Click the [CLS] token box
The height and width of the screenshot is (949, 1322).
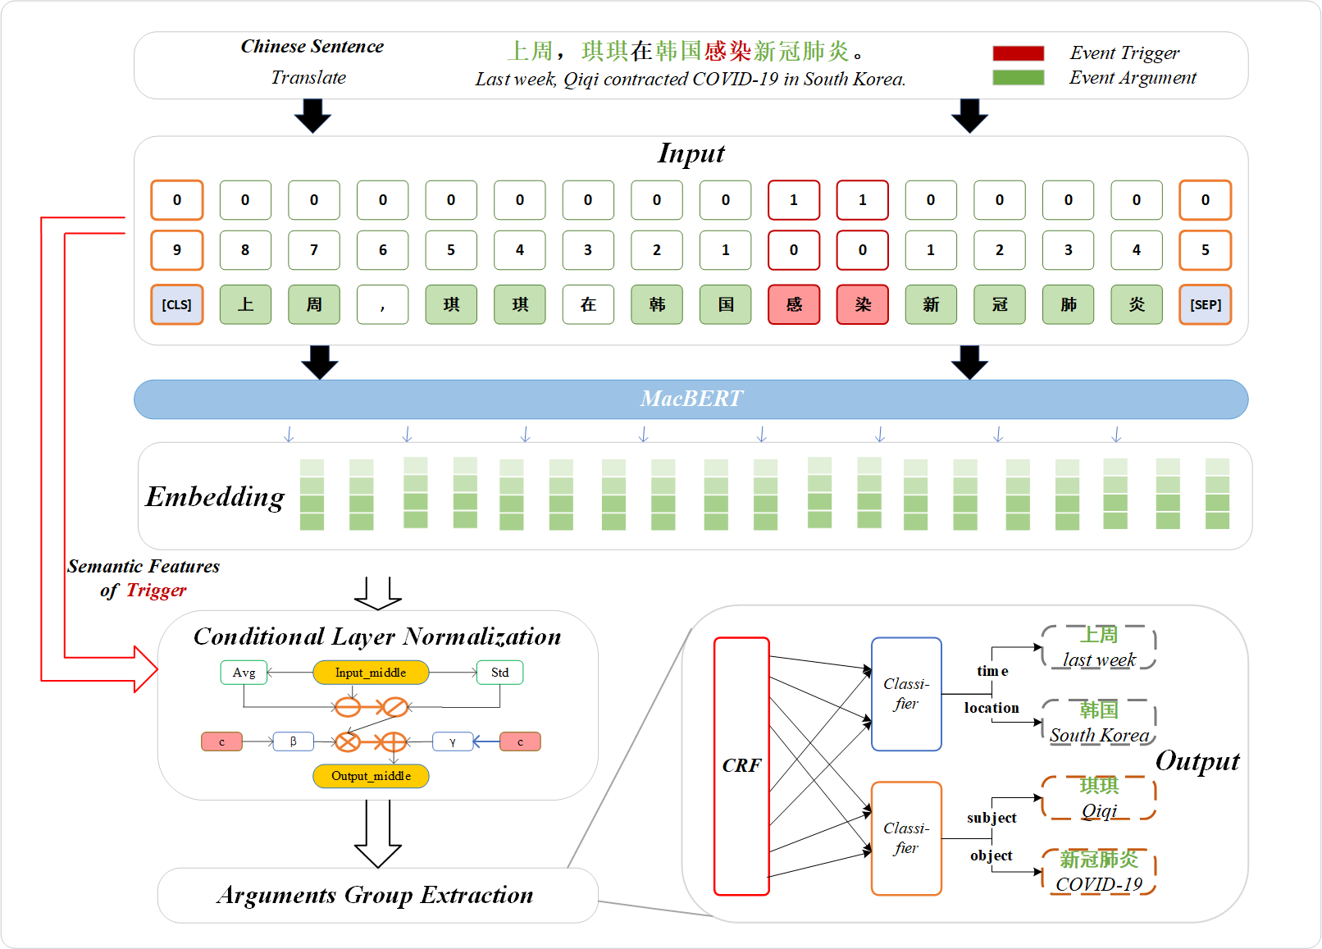coord(176,304)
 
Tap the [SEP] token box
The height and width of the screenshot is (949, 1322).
coord(1205,304)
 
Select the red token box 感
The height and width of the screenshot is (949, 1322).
coord(794,304)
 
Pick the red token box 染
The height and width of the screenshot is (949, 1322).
coord(862,304)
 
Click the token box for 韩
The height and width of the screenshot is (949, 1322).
coord(657,304)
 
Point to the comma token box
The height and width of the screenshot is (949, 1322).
coord(382,304)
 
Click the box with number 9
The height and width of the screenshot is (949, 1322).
coord(176,250)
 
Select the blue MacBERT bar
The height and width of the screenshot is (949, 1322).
coord(691,399)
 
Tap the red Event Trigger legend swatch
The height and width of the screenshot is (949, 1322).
coord(1018,53)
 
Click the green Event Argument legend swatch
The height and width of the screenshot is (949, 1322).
coord(1018,78)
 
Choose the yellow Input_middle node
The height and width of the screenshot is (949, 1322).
coord(371,673)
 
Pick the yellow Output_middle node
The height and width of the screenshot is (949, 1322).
coord(371,776)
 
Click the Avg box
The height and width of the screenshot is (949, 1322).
coord(244,673)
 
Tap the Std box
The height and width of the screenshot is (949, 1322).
coord(499,673)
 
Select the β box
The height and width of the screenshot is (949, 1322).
coord(293,741)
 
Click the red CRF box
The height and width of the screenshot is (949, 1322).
coord(741,765)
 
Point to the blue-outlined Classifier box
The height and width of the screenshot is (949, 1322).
coord(906,694)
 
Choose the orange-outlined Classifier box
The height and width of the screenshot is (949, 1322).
coord(906,838)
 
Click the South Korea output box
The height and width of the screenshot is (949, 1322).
coord(1099,722)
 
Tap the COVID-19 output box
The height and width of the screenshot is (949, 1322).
coord(1099,871)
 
